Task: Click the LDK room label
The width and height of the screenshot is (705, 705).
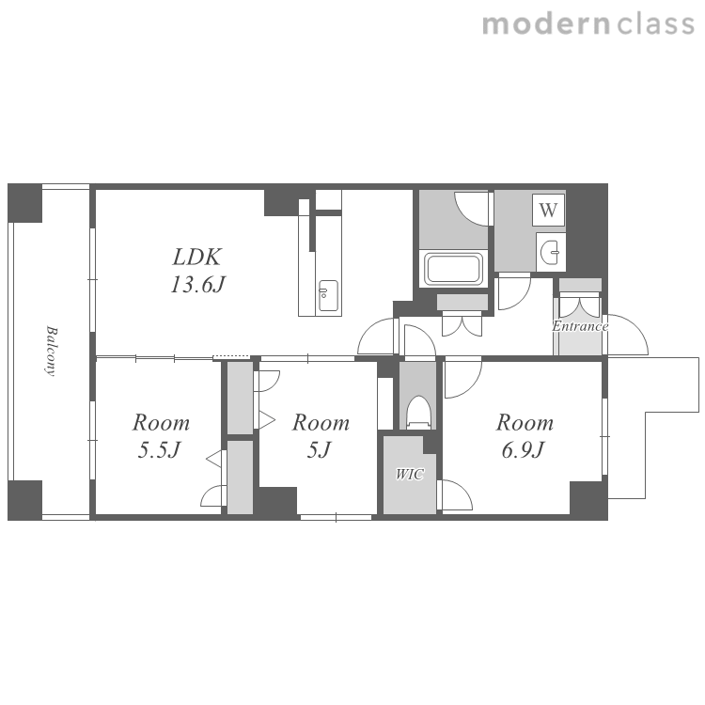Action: [197, 257]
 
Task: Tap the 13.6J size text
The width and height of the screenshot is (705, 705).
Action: [197, 284]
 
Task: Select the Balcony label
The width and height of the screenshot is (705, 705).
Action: [52, 351]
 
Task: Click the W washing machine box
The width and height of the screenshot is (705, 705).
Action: [548, 210]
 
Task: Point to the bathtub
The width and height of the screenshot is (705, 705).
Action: [453, 269]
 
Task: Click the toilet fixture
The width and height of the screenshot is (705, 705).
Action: [418, 413]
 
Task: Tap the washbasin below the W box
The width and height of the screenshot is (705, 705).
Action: [550, 252]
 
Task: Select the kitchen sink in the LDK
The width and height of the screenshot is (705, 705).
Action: [328, 295]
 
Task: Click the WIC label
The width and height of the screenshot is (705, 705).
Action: [409, 474]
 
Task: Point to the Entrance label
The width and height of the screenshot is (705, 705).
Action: [580, 326]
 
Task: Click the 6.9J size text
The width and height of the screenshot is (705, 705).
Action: [524, 449]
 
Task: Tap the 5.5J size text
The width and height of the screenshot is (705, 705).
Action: [159, 449]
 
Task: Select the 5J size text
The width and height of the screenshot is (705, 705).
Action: [320, 449]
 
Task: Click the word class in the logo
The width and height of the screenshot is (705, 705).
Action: [655, 24]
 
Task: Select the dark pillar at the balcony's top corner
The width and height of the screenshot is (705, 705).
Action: [25, 203]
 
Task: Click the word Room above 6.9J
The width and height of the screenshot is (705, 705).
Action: [525, 423]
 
